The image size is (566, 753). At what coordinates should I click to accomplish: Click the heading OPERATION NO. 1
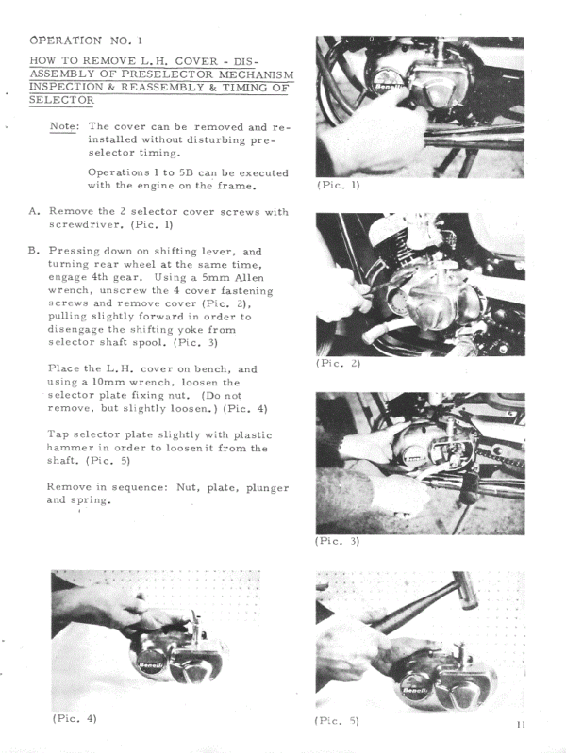tap(86, 41)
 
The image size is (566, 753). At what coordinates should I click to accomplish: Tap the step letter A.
tap(33, 212)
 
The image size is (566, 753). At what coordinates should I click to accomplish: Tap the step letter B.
tap(33, 252)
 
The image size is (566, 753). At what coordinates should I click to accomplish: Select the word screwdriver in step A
tap(86, 225)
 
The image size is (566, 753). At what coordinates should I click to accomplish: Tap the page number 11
tap(522, 724)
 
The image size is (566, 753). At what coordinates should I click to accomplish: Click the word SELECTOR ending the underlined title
tap(61, 100)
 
